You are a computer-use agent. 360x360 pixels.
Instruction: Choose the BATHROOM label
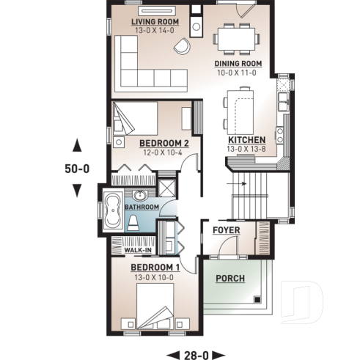point(142,207)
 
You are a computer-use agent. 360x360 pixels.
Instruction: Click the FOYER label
point(227,230)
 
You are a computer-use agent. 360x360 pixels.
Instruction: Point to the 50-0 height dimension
point(76,168)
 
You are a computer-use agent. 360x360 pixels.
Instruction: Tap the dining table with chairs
point(238,37)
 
